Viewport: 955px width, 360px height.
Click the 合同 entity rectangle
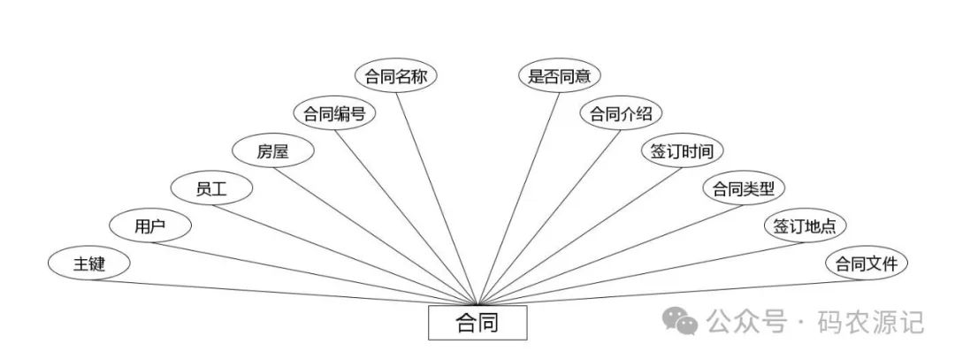tap(477, 323)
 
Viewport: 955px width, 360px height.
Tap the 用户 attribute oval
tap(150, 226)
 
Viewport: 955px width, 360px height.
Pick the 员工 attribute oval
tap(212, 188)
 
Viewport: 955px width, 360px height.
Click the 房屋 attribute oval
tap(273, 151)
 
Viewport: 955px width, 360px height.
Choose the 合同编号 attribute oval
tap(334, 113)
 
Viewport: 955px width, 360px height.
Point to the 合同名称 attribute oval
tap(396, 76)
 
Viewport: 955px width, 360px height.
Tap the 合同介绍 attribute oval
tap(621, 113)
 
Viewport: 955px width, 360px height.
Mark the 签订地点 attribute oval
tap(805, 226)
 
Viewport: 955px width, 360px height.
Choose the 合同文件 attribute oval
tap(867, 264)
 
